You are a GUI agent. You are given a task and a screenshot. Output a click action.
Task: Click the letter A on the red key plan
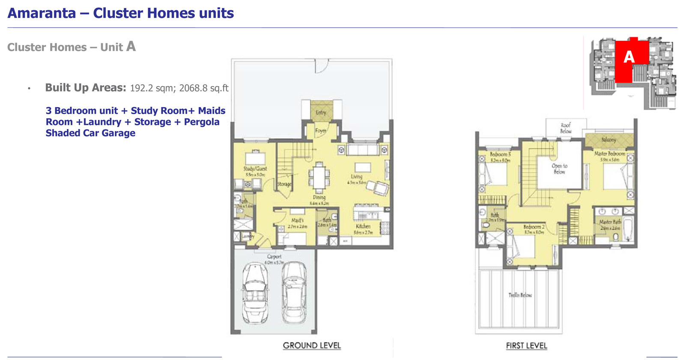click(629, 57)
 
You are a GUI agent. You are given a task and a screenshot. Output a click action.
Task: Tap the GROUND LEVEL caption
click(312, 345)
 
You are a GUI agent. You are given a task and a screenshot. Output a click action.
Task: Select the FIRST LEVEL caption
click(526, 346)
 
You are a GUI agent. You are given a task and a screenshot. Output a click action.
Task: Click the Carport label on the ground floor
click(274, 257)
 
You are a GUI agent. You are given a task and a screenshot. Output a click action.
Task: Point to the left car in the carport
click(255, 294)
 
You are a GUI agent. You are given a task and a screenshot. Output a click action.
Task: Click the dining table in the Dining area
click(319, 177)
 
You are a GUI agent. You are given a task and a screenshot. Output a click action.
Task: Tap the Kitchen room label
click(363, 226)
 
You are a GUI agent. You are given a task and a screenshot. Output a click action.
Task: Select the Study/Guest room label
click(255, 169)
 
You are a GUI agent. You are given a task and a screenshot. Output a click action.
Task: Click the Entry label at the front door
click(321, 113)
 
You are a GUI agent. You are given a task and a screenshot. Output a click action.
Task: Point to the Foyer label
click(320, 130)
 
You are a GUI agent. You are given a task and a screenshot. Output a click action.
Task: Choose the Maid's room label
click(297, 220)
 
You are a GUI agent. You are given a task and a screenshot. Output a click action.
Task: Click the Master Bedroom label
click(609, 153)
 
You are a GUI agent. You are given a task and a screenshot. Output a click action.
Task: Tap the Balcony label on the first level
click(608, 140)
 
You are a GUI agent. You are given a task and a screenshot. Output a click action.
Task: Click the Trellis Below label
click(520, 295)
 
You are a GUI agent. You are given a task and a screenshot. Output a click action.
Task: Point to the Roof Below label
click(566, 128)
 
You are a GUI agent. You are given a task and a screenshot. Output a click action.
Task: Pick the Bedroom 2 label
click(534, 227)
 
